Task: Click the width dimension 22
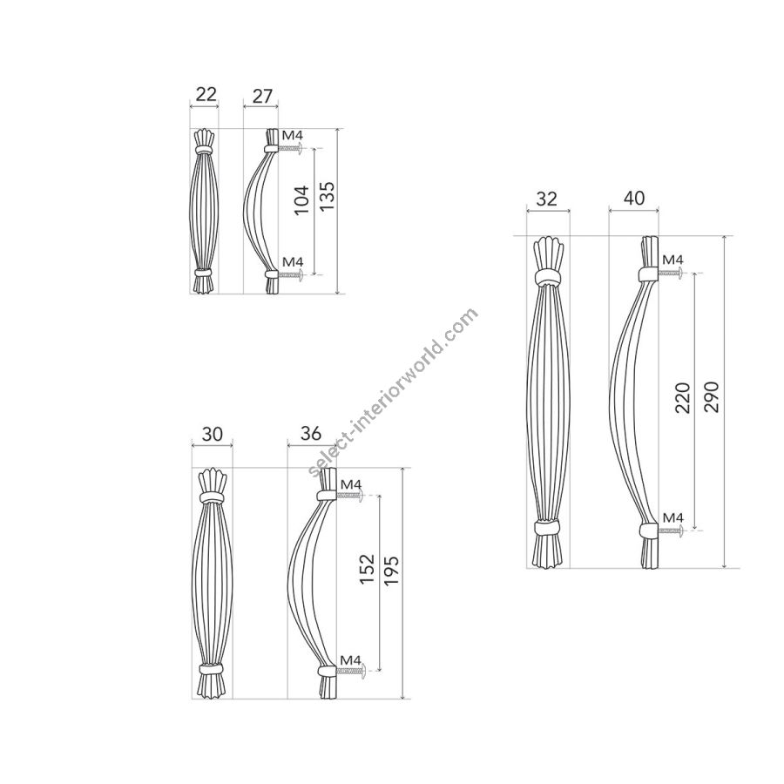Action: (x=206, y=94)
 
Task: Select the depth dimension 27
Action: (x=262, y=96)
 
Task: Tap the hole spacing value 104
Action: (x=301, y=200)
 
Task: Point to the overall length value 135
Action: (x=327, y=195)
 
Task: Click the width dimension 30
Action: (x=212, y=434)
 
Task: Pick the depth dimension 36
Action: (x=310, y=434)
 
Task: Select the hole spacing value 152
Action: (x=367, y=569)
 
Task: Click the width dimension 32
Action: (x=546, y=199)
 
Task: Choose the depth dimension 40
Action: (x=634, y=198)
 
